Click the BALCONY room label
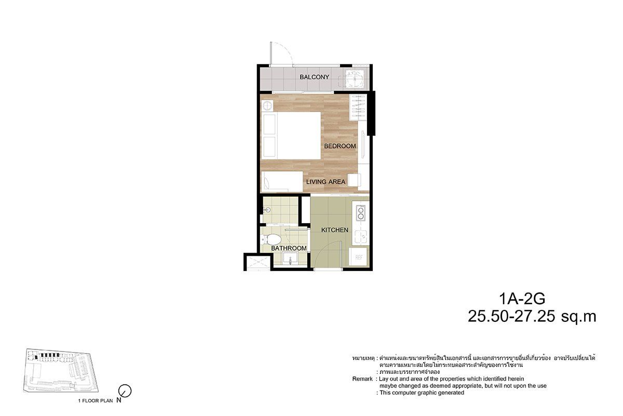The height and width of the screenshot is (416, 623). pos(314,77)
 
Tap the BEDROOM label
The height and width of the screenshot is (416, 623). pos(340,146)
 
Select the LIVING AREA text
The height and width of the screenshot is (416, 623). pos(326,181)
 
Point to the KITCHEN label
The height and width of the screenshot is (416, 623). pos(334,230)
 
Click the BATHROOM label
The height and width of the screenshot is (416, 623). pos(289,248)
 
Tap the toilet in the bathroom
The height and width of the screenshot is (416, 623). pos(271,239)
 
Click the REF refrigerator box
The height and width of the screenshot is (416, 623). pos(359,257)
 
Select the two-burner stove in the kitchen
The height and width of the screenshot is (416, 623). pos(361,213)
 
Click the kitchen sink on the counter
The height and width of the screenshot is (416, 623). pos(361,236)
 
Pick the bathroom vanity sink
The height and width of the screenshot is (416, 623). pos(290,258)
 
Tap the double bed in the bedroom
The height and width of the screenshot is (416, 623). pos(291,135)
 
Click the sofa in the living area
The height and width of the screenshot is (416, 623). pos(282,181)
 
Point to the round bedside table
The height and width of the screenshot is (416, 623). pos(267,106)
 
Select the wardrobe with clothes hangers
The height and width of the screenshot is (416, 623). pos(358,107)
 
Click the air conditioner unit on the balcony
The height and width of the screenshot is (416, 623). pos(355,79)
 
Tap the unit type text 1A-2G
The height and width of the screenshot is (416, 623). pos(522,298)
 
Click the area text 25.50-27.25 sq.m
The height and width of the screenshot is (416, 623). pos(532,317)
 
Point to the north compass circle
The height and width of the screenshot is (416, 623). pos(125,391)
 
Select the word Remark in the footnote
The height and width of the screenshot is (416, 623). pos(362,379)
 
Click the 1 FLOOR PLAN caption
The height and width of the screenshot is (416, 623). pos(96,401)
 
